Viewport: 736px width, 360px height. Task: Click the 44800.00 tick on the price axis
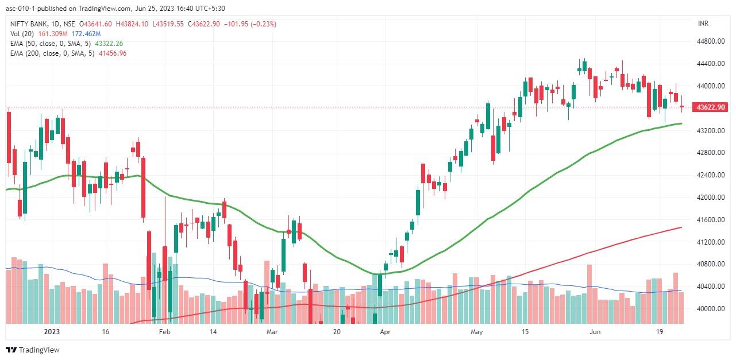tap(710, 41)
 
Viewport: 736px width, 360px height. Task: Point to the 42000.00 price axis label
tap(710, 198)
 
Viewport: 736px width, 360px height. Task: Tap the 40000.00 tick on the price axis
tap(710, 309)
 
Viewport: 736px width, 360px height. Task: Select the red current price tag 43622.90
tap(710, 107)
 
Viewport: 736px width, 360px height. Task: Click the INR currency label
tap(703, 24)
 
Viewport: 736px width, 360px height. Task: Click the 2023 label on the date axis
tap(52, 332)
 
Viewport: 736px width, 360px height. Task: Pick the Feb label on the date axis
tap(165, 332)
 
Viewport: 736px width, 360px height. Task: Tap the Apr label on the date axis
tap(386, 332)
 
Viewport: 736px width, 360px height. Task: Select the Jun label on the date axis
tap(596, 332)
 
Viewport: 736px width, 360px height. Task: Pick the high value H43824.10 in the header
tap(132, 24)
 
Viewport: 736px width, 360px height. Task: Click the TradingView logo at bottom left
tap(33, 350)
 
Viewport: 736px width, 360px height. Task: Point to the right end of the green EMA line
tap(681, 123)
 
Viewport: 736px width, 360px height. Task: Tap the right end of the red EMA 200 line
tap(681, 227)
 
